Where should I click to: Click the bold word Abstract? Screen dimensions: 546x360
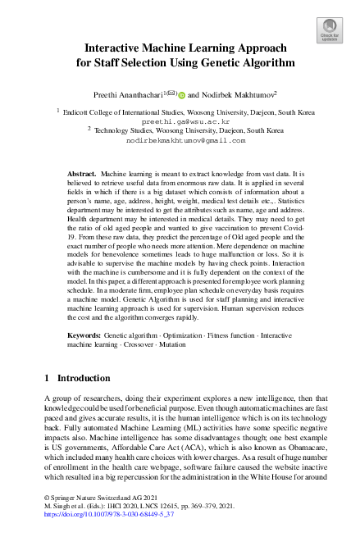[81, 175]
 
